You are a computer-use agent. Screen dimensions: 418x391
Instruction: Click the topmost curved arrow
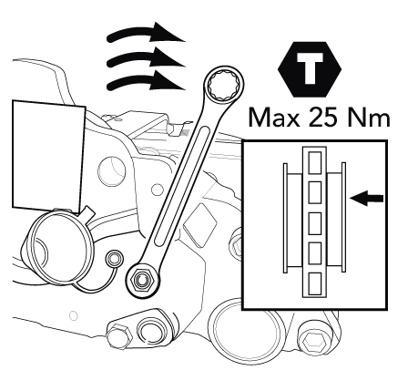tap(146, 33)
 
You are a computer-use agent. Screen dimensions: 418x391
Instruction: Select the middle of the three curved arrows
tap(146, 57)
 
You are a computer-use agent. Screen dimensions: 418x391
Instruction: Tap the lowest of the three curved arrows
tap(146, 81)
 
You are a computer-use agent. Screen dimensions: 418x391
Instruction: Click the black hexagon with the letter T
tap(310, 69)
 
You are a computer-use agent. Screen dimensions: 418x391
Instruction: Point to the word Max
tap(274, 118)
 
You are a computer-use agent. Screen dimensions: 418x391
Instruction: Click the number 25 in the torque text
tap(322, 118)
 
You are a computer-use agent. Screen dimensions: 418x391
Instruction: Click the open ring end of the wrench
tap(224, 84)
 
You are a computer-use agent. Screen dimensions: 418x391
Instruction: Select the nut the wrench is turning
tap(141, 279)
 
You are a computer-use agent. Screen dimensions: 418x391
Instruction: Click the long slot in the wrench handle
tap(182, 186)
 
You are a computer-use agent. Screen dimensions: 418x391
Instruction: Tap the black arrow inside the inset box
tap(367, 198)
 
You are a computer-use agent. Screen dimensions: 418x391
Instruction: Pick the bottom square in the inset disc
tap(315, 283)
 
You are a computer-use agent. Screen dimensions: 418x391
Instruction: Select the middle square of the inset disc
tap(315, 223)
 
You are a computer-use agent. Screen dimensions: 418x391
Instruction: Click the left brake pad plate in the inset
tap(285, 218)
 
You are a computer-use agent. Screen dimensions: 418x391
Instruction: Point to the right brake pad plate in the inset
tap(343, 217)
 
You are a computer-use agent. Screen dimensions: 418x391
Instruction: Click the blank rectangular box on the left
tap(48, 156)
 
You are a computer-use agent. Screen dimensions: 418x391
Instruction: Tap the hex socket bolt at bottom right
tap(315, 343)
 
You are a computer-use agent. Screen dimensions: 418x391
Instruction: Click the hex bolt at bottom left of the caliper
tap(119, 336)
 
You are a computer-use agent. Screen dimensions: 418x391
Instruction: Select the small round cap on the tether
tap(115, 259)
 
